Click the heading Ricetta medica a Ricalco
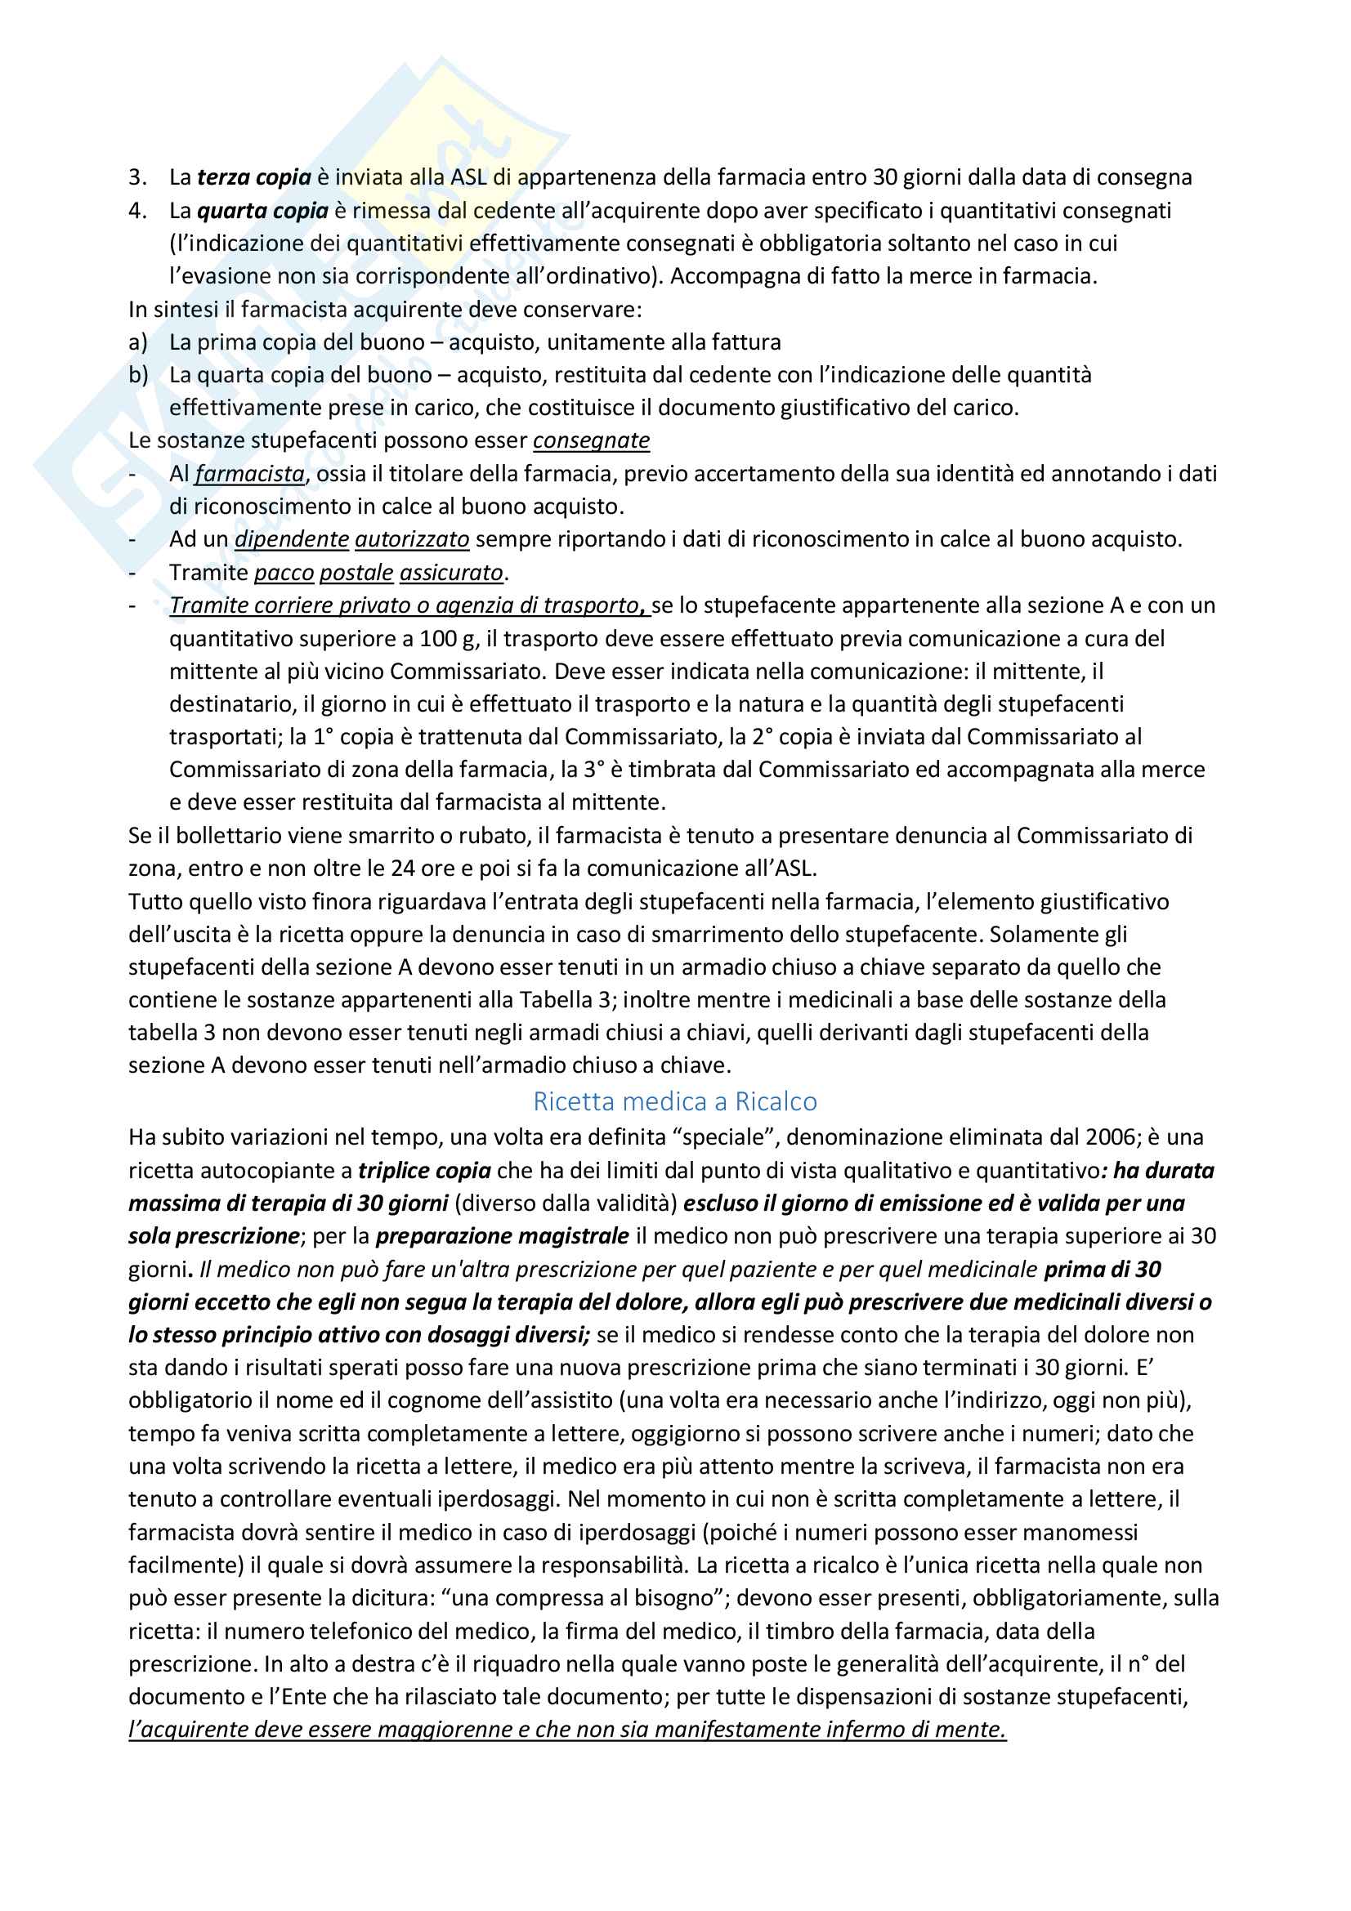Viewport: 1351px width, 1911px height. pos(674,1101)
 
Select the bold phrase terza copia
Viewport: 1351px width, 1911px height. pos(254,177)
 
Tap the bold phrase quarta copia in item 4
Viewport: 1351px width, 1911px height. pos(262,211)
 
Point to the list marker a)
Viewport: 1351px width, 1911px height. pos(138,342)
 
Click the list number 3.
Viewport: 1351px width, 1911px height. pos(137,177)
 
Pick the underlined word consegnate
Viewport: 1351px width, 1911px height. pos(591,440)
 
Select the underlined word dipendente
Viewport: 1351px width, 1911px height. pos(291,539)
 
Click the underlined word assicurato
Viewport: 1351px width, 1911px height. pos(452,573)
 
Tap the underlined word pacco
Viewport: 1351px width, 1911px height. pos(284,573)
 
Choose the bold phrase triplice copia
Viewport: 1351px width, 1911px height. pos(424,1170)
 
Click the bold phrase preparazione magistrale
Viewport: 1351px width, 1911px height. pos(502,1236)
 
